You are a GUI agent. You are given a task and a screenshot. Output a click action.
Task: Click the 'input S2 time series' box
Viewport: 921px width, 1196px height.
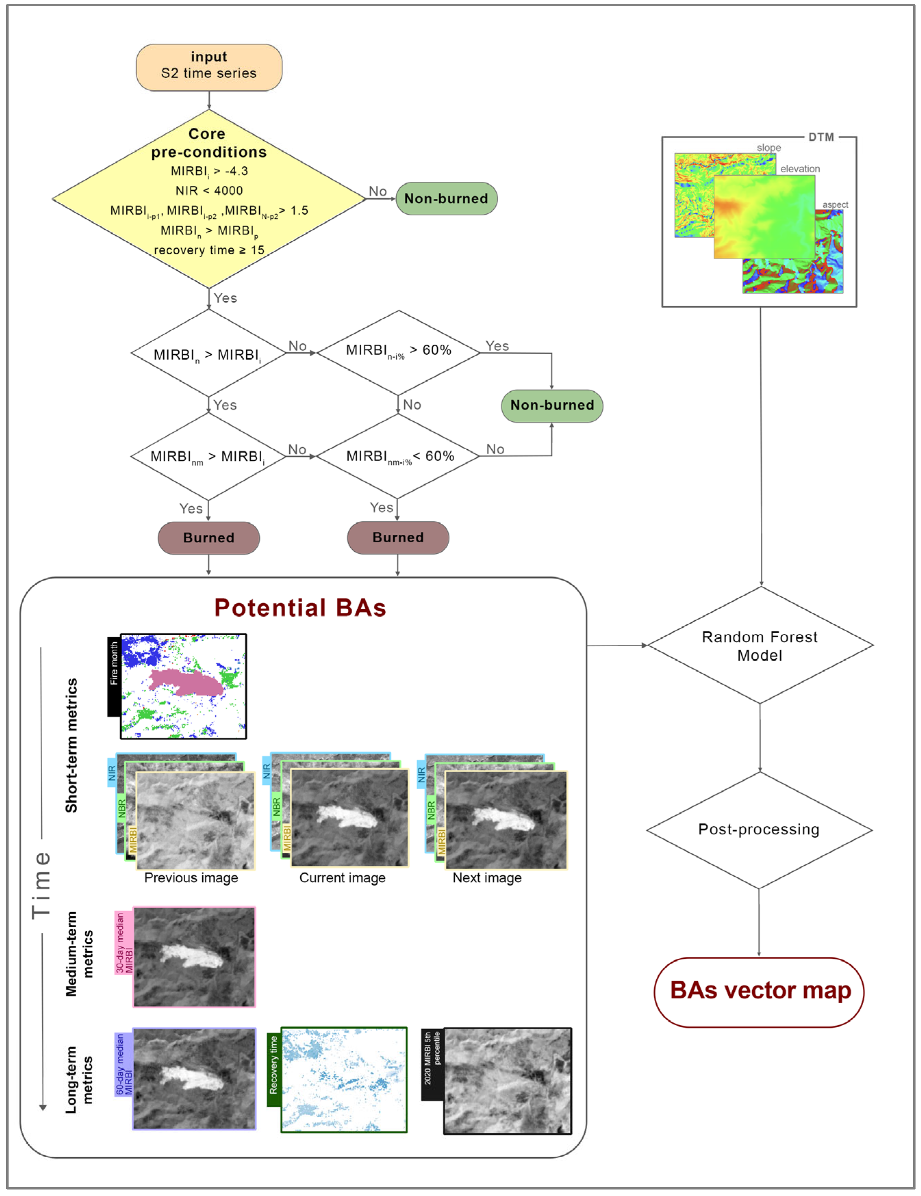(209, 67)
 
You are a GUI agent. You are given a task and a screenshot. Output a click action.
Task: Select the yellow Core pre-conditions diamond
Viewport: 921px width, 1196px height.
(209, 198)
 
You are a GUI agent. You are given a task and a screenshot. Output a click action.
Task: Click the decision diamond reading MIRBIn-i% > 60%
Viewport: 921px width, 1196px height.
(398, 352)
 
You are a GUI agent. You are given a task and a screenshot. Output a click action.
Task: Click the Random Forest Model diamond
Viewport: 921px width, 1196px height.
(759, 646)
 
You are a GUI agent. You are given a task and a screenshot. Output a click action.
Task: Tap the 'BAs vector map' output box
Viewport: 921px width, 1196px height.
(759, 990)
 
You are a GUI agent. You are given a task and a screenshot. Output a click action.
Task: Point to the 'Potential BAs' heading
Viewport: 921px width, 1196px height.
(300, 608)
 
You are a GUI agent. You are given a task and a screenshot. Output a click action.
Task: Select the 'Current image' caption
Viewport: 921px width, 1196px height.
(342, 878)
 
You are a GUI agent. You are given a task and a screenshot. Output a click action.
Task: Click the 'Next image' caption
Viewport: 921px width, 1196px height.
(487, 878)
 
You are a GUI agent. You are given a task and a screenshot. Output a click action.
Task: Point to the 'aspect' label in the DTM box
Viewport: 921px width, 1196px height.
(835, 204)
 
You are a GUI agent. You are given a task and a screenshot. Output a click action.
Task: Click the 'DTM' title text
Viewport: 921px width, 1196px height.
(821, 137)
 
